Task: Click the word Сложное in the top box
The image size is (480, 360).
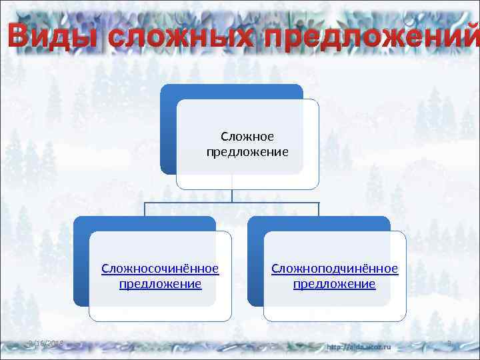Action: [247, 137]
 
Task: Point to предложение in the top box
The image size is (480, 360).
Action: [247, 152]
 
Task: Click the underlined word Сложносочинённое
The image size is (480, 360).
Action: [160, 269]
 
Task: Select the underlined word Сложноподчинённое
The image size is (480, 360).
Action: [335, 269]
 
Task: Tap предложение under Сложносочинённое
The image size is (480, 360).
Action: [160, 284]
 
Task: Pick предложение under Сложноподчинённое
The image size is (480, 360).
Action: [335, 284]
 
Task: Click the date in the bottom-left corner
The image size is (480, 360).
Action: [43, 343]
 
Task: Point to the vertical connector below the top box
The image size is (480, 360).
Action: [232, 195]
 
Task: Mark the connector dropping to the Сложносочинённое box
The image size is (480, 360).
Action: [145, 209]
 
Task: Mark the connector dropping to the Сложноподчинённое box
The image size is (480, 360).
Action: [319, 209]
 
